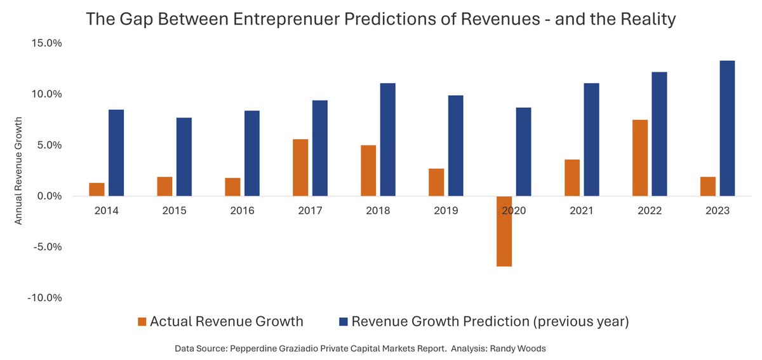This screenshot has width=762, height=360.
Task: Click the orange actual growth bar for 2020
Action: [x=504, y=231]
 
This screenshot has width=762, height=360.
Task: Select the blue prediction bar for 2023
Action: [x=727, y=128]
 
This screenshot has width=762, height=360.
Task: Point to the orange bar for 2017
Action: [x=300, y=168]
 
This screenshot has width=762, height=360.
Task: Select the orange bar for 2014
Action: [x=97, y=189]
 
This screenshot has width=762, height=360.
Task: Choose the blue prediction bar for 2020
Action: [x=523, y=152]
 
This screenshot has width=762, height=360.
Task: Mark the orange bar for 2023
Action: [x=708, y=187]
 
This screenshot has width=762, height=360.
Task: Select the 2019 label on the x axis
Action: [x=446, y=210]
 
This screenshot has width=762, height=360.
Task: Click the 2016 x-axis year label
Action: [x=242, y=210]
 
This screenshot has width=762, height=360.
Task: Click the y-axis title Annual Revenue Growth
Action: [x=19, y=170]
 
